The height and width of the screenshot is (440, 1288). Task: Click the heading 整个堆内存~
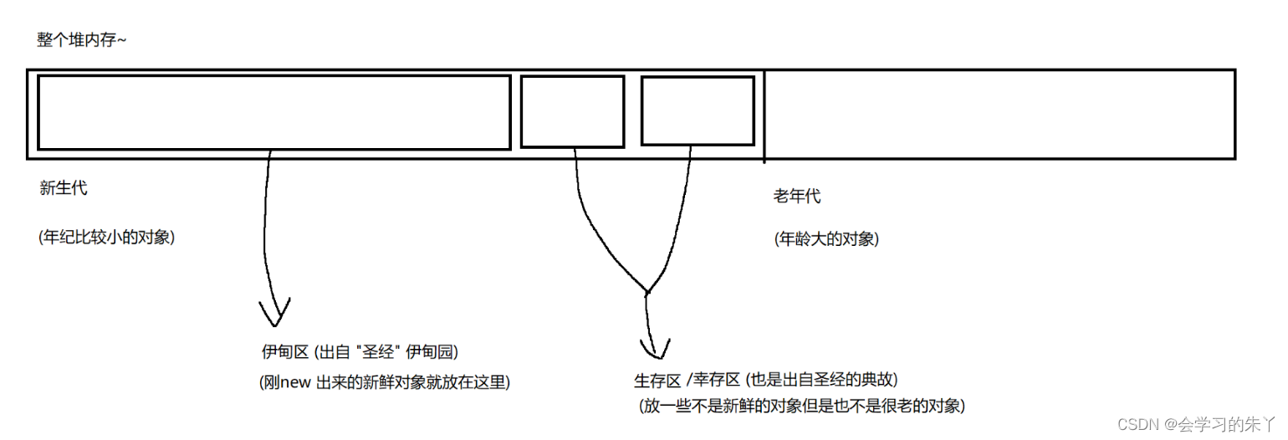point(82,40)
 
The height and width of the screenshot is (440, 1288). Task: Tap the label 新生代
point(63,188)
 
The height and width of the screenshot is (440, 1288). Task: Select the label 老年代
point(797,197)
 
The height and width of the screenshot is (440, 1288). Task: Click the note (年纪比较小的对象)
point(106,237)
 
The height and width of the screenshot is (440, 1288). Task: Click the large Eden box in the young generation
point(273,112)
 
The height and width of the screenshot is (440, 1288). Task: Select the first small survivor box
point(572,111)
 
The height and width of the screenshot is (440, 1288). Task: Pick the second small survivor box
point(698,110)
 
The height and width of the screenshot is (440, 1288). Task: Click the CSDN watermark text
point(1195,424)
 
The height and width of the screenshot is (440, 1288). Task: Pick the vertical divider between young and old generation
point(764,115)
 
